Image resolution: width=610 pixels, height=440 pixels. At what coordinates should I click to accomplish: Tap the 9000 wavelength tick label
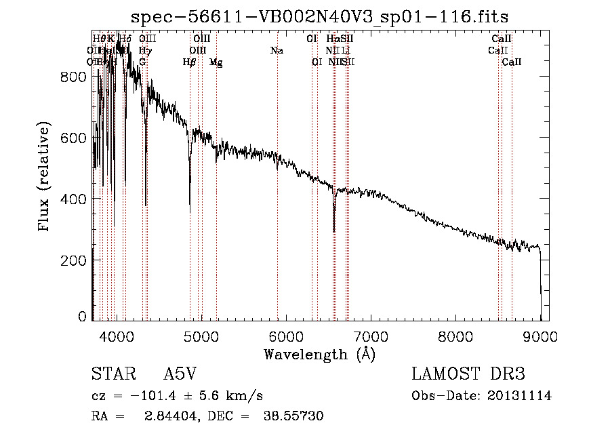click(x=540, y=336)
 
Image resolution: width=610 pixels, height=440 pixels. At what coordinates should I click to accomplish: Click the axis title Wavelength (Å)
click(x=319, y=354)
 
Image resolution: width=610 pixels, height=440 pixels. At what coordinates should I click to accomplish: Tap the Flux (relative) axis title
click(x=45, y=177)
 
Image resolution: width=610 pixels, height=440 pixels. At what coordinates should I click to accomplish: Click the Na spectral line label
click(x=277, y=50)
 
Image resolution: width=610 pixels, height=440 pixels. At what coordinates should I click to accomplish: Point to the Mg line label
click(x=216, y=62)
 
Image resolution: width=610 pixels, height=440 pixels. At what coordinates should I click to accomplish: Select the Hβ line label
click(x=190, y=62)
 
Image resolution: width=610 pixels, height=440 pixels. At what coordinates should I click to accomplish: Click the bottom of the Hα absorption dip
click(x=334, y=231)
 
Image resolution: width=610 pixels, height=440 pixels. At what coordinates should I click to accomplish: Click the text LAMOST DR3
click(x=468, y=375)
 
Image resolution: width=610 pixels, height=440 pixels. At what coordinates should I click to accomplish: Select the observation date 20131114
click(x=521, y=396)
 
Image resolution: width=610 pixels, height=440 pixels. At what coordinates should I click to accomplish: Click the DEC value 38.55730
click(x=293, y=416)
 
